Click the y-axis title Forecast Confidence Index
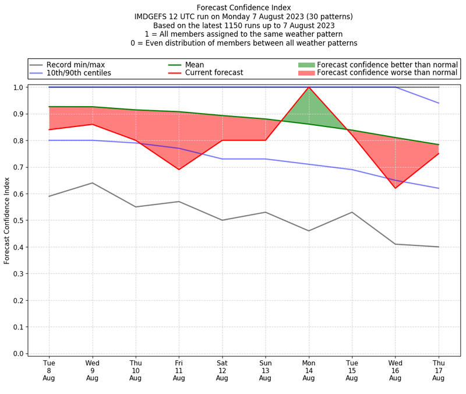pos(7,220)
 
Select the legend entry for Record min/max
pos(75,65)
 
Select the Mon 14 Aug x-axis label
pos(309,370)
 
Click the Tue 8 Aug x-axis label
pos(49,370)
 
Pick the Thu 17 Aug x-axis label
pos(439,370)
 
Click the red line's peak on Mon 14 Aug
pos(309,87)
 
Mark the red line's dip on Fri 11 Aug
pos(179,170)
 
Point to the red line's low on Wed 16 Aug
pos(396,188)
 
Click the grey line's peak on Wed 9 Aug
pos(92,183)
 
